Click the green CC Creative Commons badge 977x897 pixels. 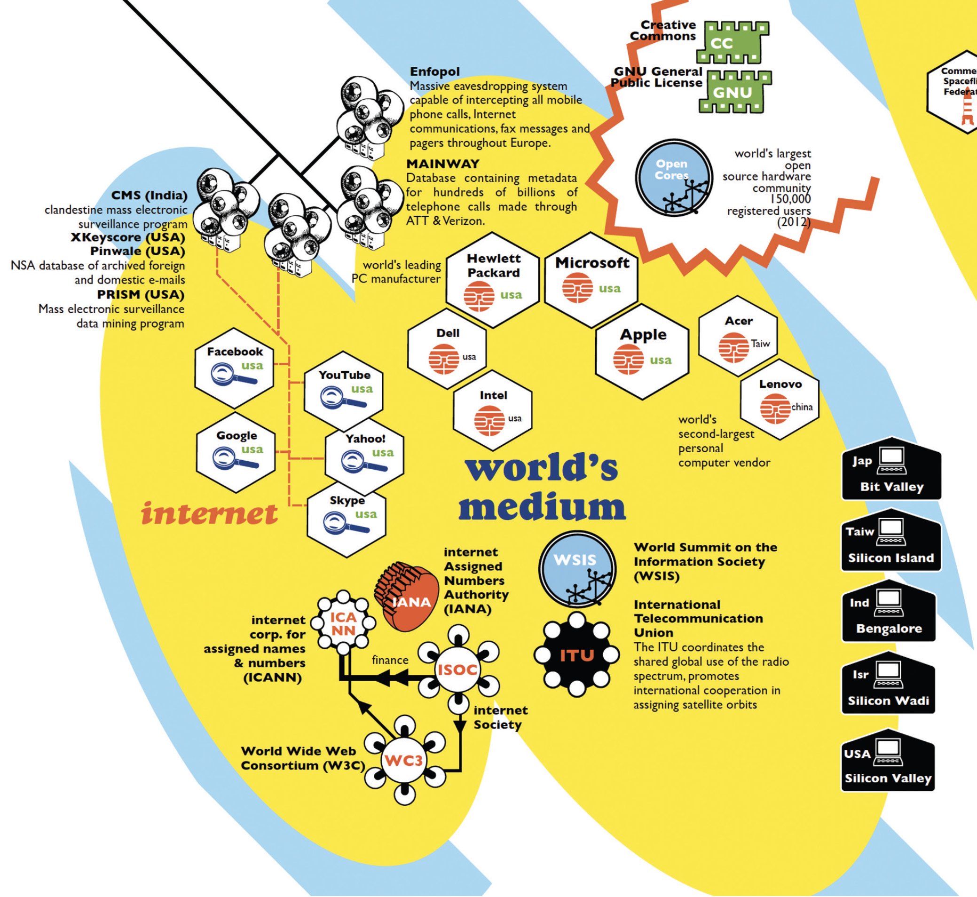pos(732,42)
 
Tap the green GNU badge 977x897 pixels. pos(734,92)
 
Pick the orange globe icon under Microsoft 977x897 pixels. pos(577,288)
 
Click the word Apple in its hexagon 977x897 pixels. pos(643,335)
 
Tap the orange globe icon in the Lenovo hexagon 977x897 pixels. pos(775,409)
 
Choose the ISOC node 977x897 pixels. pos(457,670)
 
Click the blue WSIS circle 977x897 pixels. pos(577,568)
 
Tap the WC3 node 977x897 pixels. pos(404,760)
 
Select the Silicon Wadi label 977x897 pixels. pos(888,701)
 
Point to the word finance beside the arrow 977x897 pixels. pos(390,660)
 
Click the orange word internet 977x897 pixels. pos(210,513)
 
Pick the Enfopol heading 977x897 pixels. pos(434,72)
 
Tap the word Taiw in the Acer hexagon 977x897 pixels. pos(761,344)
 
